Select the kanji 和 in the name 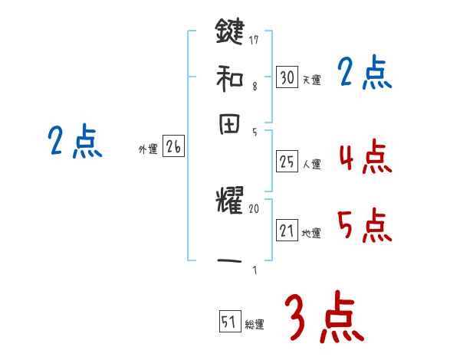point(230,78)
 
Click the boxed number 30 point(287,77)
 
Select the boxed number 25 point(287,162)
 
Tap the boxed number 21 point(287,231)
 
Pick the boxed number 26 point(173,148)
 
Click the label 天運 point(311,80)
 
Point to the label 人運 point(311,164)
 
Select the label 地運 point(311,233)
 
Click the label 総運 point(255,325)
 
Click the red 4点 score point(365,157)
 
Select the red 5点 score point(365,225)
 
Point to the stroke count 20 point(255,208)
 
